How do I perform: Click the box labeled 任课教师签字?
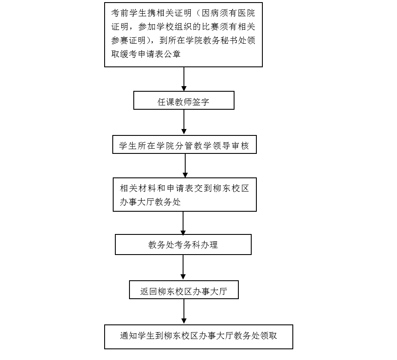184,100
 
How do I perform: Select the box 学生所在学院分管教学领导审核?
184,144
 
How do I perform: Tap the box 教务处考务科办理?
183,244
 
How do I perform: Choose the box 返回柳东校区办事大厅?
184,290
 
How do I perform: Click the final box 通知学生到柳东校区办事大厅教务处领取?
198,337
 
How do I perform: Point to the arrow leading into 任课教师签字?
184,79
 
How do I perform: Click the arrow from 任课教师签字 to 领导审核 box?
184,122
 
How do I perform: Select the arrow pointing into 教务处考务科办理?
183,223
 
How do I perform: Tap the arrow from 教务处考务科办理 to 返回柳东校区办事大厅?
183,267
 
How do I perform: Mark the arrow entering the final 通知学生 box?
184,312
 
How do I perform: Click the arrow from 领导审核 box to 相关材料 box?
185,166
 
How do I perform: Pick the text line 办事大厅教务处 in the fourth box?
150,202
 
